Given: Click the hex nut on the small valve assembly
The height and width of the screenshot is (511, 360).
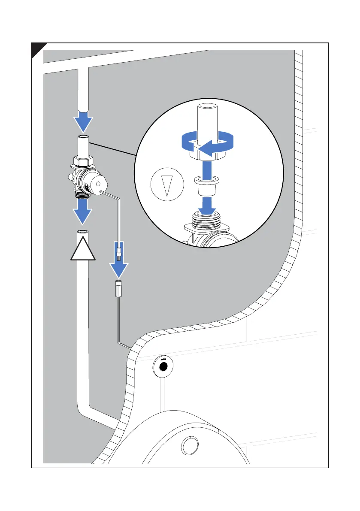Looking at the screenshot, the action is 82,162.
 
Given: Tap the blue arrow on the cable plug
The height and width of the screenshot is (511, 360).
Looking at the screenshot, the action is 119,263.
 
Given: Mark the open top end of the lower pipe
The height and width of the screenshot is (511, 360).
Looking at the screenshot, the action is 83,232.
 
